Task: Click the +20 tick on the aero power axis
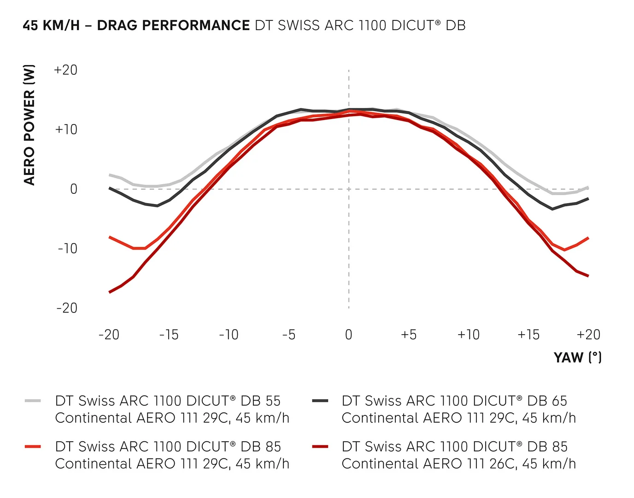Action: [x=66, y=70]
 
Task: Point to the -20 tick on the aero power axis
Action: [x=67, y=308]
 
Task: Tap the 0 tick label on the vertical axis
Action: [x=74, y=189]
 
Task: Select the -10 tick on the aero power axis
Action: [x=67, y=248]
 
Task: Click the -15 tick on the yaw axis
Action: [x=169, y=335]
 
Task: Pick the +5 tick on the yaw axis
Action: [x=409, y=335]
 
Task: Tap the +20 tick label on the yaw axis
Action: [x=588, y=335]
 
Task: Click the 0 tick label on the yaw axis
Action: [x=349, y=335]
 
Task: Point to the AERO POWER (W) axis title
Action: [x=29, y=125]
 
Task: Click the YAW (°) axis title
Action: [x=578, y=357]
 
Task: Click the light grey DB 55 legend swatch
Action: [x=33, y=401]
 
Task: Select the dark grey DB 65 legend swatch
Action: [x=320, y=401]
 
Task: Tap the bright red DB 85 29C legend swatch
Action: [x=33, y=446]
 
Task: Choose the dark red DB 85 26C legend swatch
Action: [x=320, y=446]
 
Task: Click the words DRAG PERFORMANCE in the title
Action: [x=173, y=25]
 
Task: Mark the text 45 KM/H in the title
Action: [x=51, y=25]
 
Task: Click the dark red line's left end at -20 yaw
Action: [x=110, y=292]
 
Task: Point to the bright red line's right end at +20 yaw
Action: [x=588, y=238]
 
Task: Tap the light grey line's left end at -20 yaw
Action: [x=110, y=175]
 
